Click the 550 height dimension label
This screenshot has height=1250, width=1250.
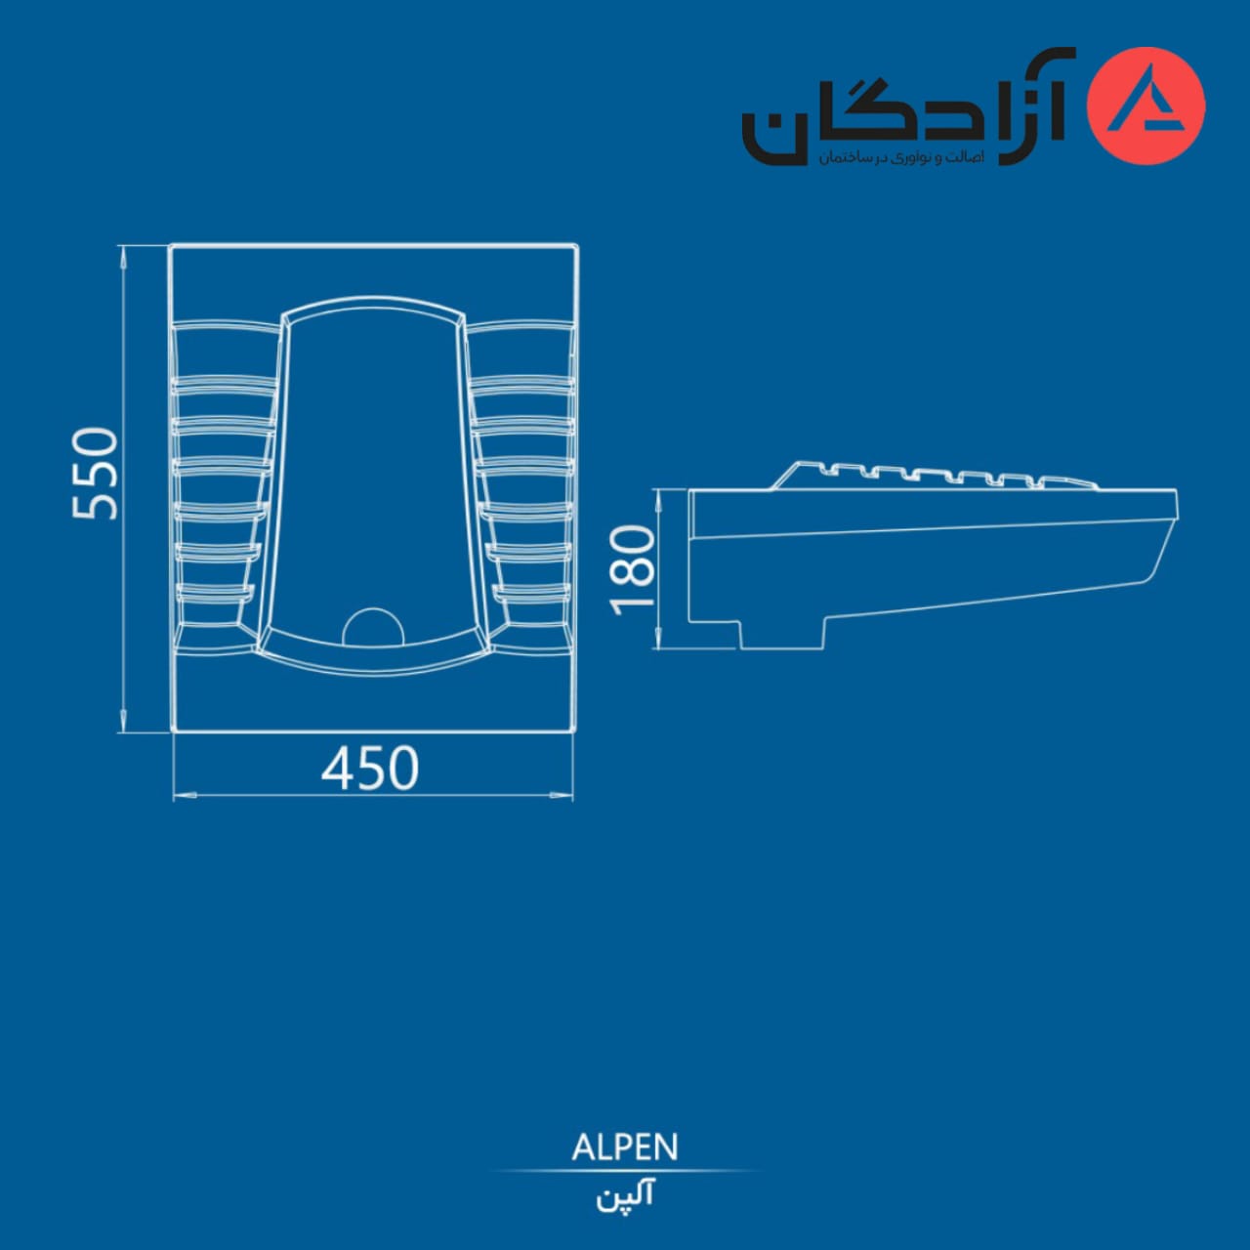click(x=96, y=474)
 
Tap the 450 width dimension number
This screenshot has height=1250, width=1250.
click(x=370, y=768)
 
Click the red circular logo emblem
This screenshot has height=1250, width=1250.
click(x=1146, y=106)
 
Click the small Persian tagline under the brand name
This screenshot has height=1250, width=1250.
click(x=901, y=157)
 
